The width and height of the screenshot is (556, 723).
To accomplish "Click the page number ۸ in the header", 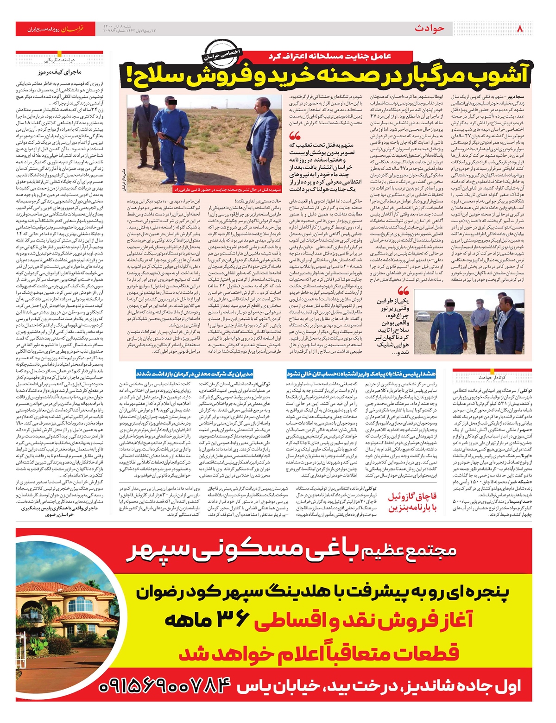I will [x=519, y=29].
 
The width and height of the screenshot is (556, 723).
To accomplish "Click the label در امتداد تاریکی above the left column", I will [x=60, y=60].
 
